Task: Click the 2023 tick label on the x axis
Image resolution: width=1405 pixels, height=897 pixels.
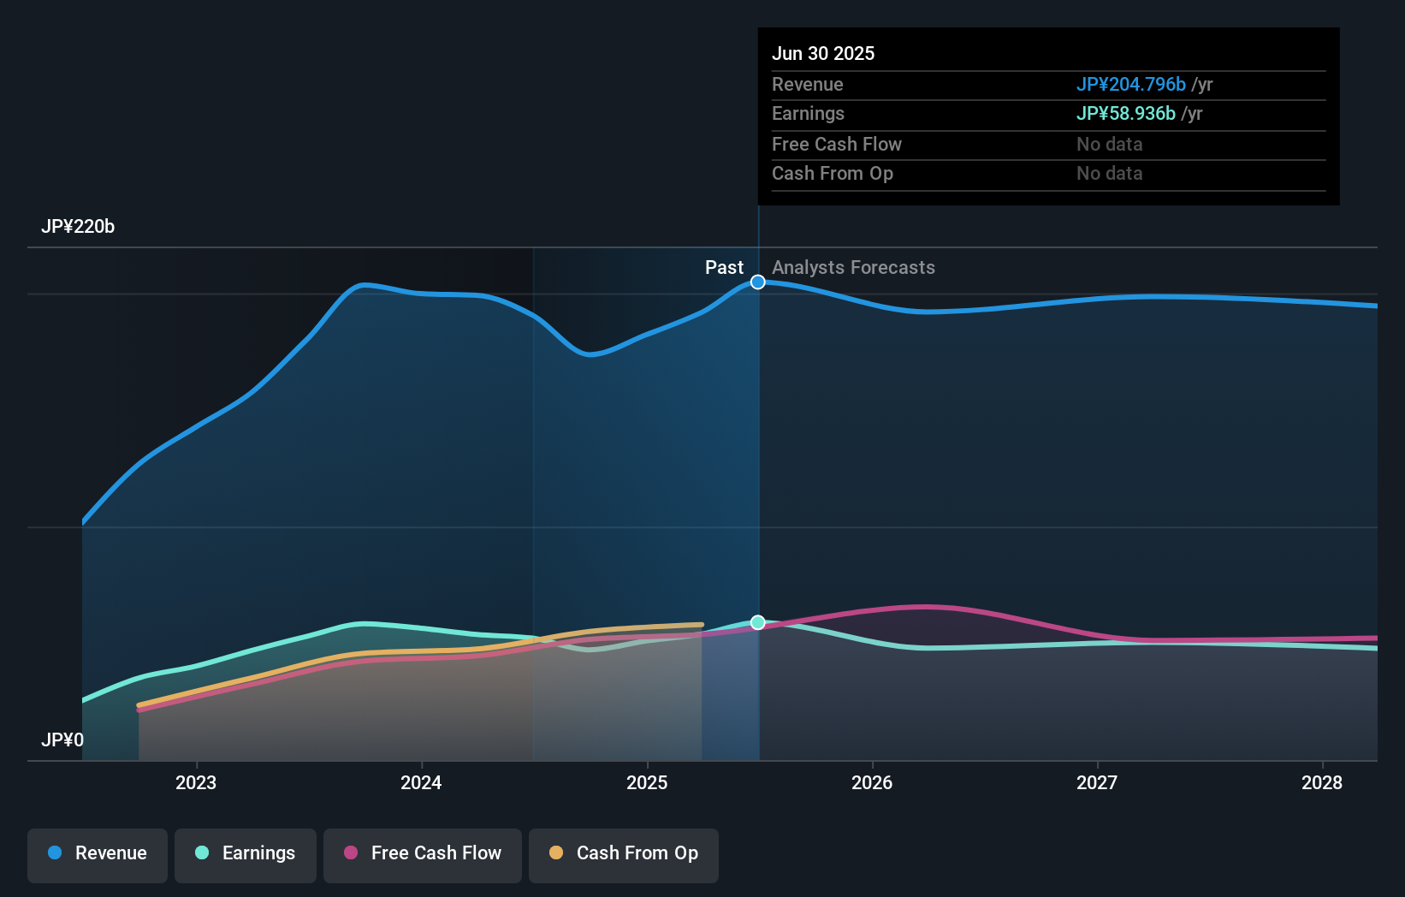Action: (196, 782)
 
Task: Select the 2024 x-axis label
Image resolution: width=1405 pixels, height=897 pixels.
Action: (421, 782)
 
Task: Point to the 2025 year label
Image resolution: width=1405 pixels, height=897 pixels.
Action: (647, 782)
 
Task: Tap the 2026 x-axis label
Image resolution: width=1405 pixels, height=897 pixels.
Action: (872, 782)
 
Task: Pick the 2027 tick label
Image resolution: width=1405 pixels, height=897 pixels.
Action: (1097, 782)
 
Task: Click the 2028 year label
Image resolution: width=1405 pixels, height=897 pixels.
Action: (1322, 782)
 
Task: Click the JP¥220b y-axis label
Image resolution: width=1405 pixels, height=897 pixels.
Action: (78, 227)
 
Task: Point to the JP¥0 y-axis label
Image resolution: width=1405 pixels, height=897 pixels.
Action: (62, 740)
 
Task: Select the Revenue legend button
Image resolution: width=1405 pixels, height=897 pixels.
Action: (98, 853)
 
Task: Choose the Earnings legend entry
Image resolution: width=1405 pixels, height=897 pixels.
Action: (246, 853)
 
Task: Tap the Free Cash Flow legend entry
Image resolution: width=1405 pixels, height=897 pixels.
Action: (423, 853)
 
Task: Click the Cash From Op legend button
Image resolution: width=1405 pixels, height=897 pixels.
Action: (624, 853)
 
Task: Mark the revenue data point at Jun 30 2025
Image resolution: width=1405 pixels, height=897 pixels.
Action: (758, 282)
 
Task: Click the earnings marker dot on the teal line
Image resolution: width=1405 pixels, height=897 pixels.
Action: (758, 622)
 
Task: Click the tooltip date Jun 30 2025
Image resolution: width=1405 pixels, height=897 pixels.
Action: (823, 53)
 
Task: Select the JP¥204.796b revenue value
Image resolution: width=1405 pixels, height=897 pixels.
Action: (1130, 84)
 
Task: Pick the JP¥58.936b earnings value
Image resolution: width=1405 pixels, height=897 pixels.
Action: (1125, 113)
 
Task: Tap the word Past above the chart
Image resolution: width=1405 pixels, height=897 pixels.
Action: (724, 267)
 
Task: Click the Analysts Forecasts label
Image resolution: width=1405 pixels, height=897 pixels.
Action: (853, 267)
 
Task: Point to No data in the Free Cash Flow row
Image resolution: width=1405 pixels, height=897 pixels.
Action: (1109, 144)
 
